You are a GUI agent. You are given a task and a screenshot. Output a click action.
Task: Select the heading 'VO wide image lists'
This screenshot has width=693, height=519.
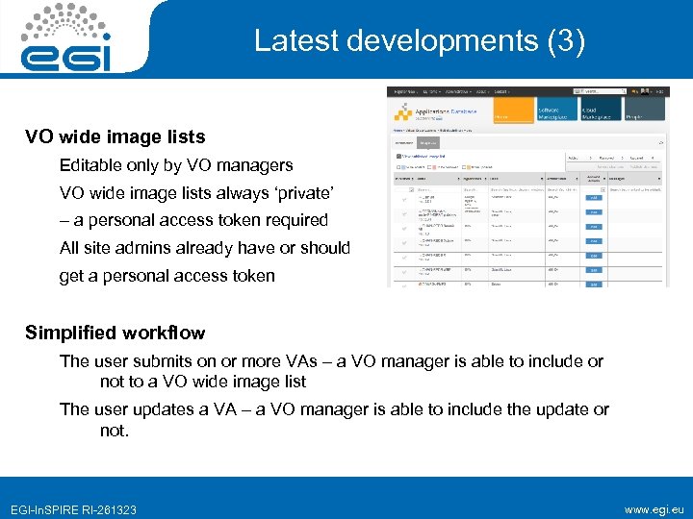click(x=115, y=136)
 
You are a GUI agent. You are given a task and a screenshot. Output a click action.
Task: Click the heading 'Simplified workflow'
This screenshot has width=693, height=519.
click(x=115, y=333)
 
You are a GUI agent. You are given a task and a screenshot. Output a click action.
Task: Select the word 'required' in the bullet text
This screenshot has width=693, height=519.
click(x=295, y=220)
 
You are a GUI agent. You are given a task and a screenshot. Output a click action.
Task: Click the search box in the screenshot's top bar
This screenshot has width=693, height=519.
click(x=607, y=91)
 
